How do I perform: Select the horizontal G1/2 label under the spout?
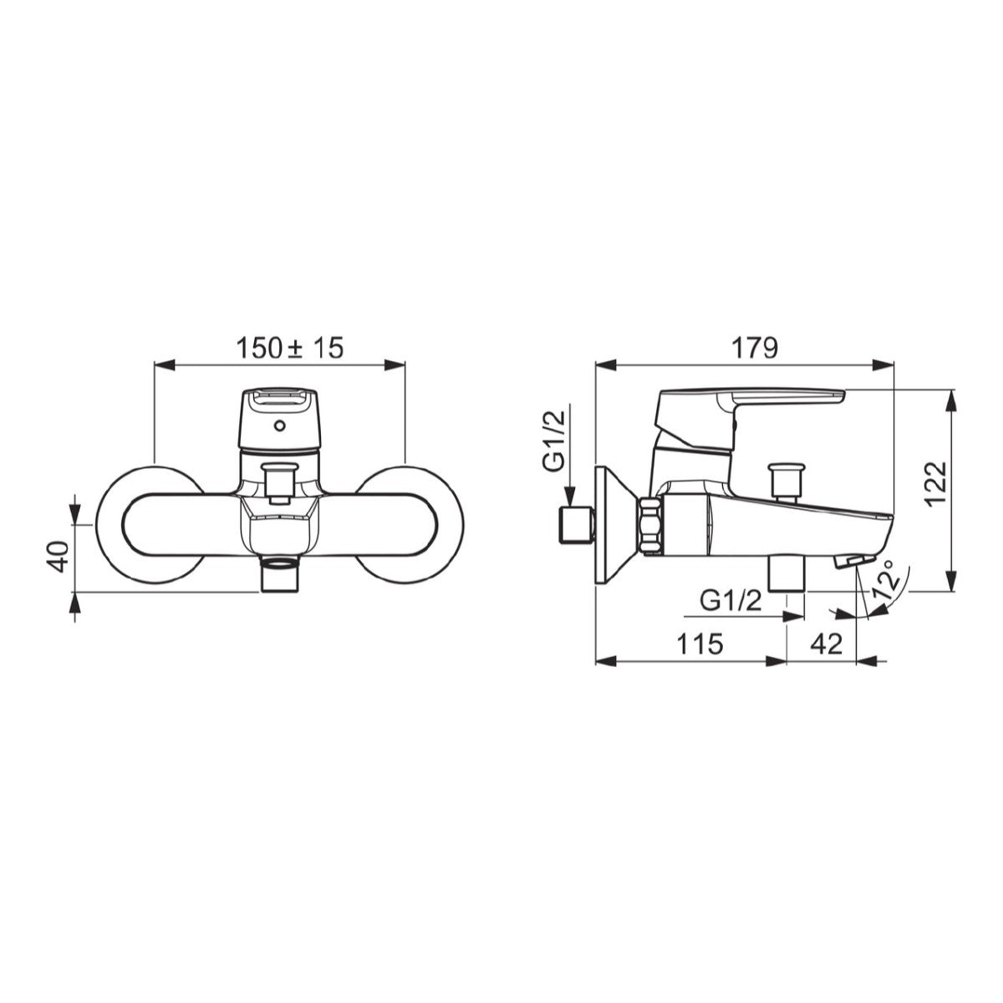[731, 600]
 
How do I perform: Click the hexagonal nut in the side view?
[651, 525]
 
